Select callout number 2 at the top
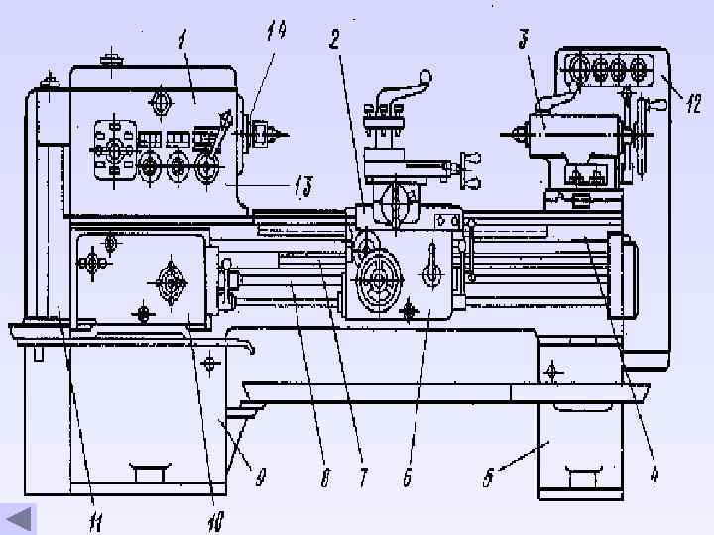tap(335, 39)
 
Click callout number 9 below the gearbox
tap(260, 478)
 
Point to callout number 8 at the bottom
tap(325, 479)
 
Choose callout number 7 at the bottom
tap(363, 479)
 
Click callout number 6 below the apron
tap(407, 478)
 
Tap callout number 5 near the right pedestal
tap(488, 478)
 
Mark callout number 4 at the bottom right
tap(654, 475)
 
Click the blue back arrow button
tap(19, 519)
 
